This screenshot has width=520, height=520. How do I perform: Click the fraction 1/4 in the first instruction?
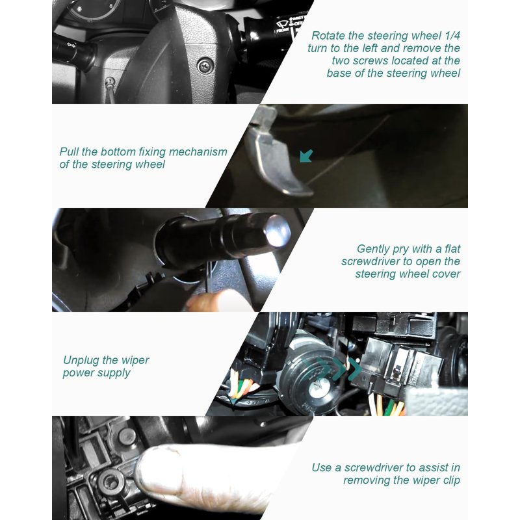[x=452, y=36]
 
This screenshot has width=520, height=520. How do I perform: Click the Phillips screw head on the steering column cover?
[x=205, y=66]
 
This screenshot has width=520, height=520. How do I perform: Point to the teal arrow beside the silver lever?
[x=306, y=156]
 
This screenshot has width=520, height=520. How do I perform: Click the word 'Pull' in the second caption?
[x=69, y=152]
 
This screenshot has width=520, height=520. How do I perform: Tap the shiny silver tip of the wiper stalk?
[x=278, y=231]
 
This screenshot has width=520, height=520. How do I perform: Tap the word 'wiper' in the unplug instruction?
[x=135, y=361]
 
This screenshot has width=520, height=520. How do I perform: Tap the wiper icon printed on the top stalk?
[x=283, y=24]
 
